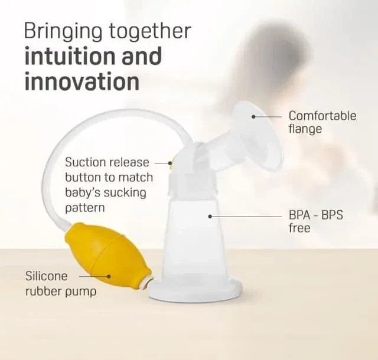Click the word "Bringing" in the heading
64,31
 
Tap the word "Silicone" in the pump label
47,276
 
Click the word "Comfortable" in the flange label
322,116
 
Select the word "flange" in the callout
305,129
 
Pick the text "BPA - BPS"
316,215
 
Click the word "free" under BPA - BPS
299,228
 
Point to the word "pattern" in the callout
85,208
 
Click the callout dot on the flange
253,117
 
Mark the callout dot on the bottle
210,217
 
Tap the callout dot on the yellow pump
109,276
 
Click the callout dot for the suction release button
170,163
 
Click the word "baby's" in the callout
83,193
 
